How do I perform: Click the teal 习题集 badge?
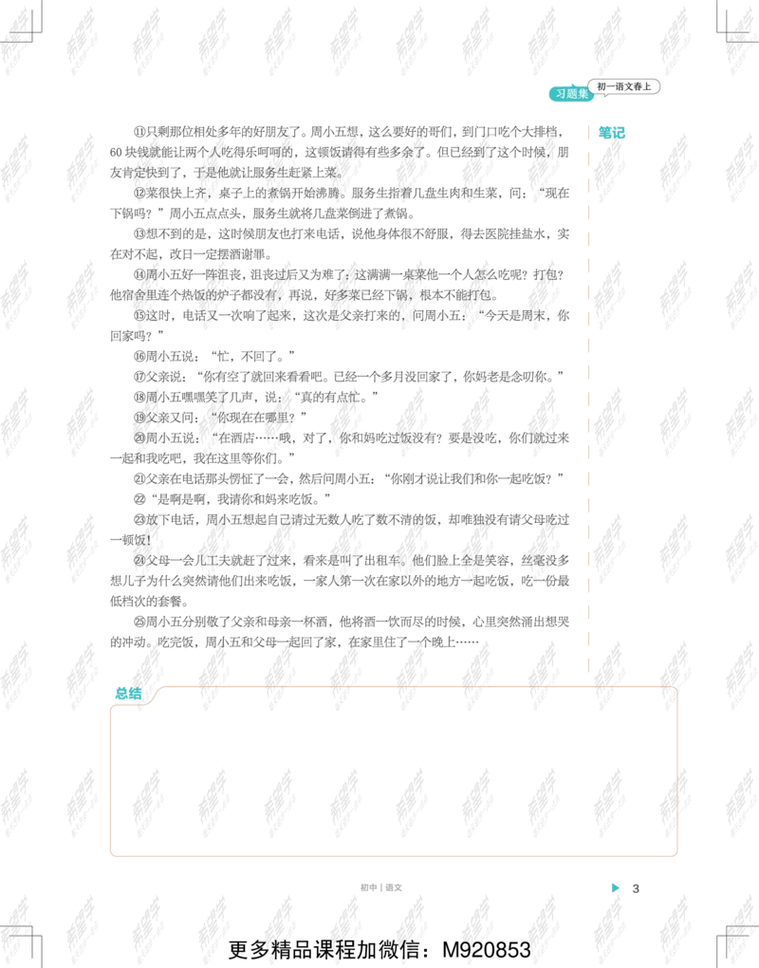click(571, 94)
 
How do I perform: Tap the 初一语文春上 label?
click(624, 86)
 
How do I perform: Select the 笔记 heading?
click(611, 133)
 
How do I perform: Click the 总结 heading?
click(128, 694)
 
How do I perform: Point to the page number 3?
click(636, 888)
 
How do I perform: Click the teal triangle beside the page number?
click(615, 887)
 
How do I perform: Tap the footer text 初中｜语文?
click(381, 887)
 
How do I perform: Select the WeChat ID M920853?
click(487, 949)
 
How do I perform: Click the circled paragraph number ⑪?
click(139, 132)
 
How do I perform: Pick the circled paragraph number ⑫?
click(139, 194)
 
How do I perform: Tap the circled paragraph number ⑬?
click(139, 234)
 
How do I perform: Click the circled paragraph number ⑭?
click(139, 274)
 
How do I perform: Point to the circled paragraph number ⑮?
click(139, 315)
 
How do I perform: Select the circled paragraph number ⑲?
click(139, 418)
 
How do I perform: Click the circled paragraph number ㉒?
click(139, 499)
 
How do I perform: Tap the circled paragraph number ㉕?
click(139, 622)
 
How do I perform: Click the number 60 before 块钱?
click(116, 153)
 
